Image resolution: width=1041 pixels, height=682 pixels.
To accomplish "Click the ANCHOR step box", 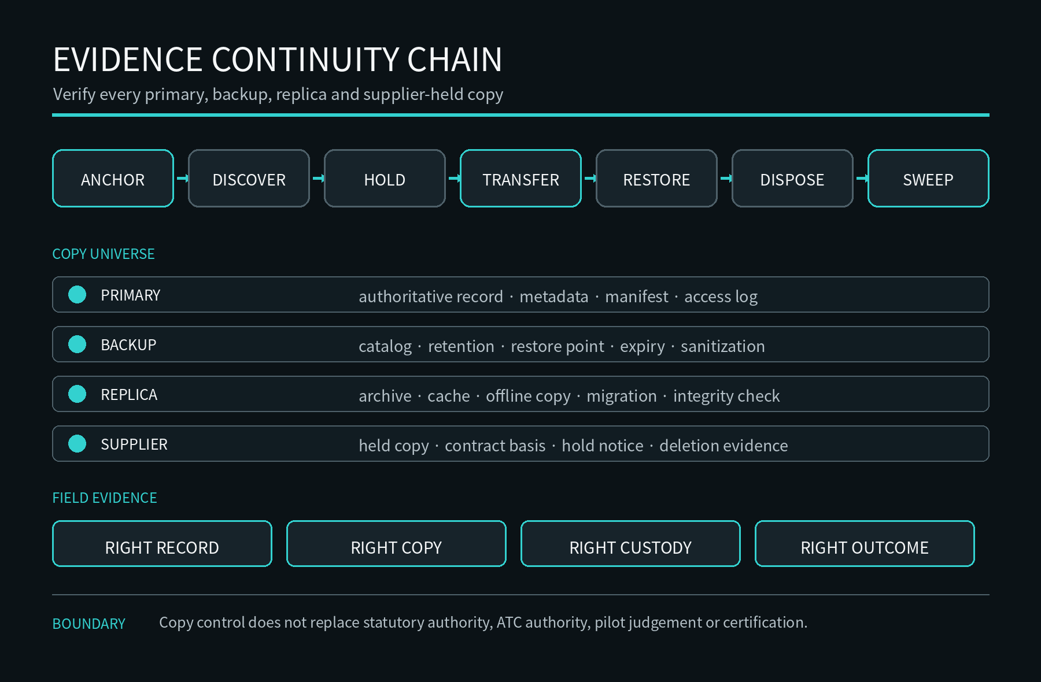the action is tap(113, 179).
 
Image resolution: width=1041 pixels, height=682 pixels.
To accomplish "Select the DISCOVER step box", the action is tap(249, 179).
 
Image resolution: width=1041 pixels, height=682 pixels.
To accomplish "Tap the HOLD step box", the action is tap(385, 179).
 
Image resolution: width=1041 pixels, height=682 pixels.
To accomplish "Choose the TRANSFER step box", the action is tap(520, 179).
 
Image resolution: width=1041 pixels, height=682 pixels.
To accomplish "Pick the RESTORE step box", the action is tap(656, 179).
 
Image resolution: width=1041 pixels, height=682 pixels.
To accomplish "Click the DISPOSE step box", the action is tap(792, 179).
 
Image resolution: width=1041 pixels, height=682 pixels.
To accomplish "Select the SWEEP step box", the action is tap(928, 179).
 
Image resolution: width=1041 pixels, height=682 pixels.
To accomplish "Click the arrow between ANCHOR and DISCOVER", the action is tap(182, 179).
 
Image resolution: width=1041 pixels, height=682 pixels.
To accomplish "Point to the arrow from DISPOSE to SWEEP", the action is tap(862, 179).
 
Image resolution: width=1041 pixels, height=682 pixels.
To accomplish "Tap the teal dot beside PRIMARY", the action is tap(77, 295).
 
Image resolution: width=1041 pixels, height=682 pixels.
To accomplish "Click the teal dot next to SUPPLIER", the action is tap(77, 444).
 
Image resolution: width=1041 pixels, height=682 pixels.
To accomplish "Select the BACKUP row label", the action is tap(128, 345).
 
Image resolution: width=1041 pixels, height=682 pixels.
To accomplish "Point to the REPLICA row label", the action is tap(129, 395).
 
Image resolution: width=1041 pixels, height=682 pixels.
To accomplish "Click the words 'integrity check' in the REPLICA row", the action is tap(726, 396).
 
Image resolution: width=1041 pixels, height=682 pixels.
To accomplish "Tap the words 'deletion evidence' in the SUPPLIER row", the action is tap(723, 446).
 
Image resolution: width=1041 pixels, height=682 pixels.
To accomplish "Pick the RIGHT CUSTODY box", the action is tap(630, 544).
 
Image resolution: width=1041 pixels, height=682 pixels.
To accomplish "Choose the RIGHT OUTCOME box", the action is tap(865, 544).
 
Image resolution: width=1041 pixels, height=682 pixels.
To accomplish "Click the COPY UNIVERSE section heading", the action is tap(104, 254).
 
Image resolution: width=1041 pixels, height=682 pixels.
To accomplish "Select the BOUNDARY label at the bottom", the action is tap(88, 624).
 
